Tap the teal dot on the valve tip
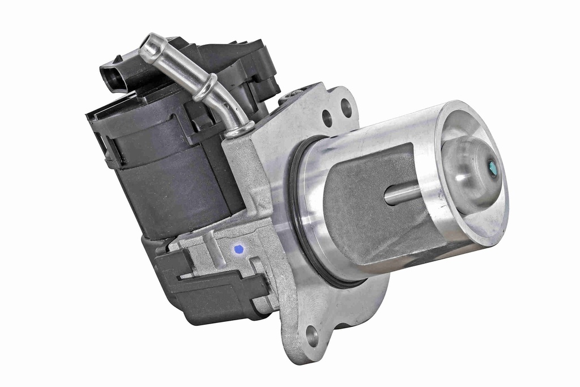pyautogui.click(x=492, y=168)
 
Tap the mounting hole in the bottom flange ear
pyautogui.click(x=312, y=336)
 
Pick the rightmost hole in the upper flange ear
pyautogui.click(x=346, y=108)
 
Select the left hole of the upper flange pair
pyautogui.click(x=327, y=118)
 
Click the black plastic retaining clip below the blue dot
pyautogui.click(x=221, y=286)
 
